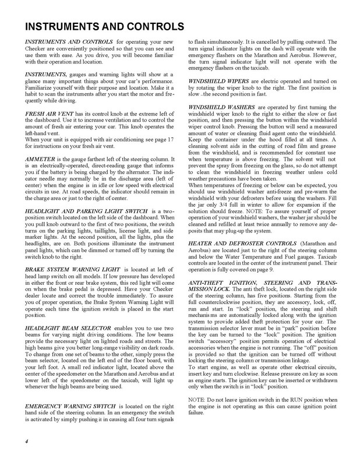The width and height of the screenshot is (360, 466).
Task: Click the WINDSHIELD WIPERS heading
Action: click(x=220, y=80)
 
